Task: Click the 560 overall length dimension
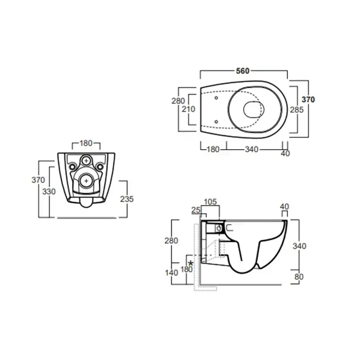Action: point(242,71)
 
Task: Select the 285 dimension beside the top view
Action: point(297,110)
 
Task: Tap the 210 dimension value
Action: point(189,109)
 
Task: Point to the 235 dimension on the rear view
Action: point(127,199)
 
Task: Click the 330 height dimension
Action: point(49,191)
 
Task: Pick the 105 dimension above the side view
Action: point(210,202)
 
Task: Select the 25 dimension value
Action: point(196,210)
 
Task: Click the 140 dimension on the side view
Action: point(171,273)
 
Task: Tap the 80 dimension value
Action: point(299,277)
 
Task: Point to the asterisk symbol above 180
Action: point(190,263)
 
